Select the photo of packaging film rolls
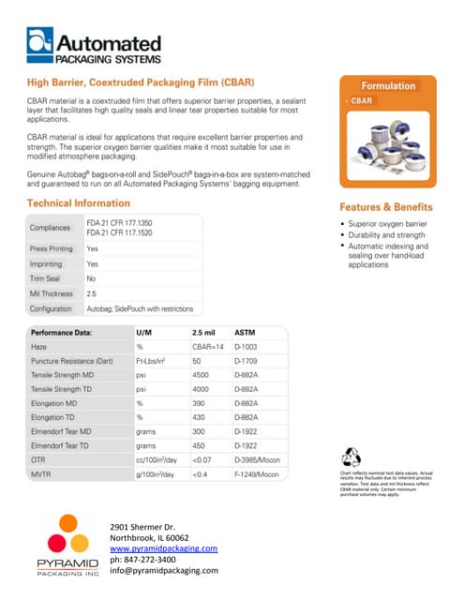point(387,142)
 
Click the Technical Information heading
point(78,203)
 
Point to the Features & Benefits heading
point(386,207)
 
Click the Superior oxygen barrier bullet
point(387,225)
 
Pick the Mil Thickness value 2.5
point(92,293)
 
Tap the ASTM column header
point(245,333)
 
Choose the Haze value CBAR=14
point(207,348)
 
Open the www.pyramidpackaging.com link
point(163,547)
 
